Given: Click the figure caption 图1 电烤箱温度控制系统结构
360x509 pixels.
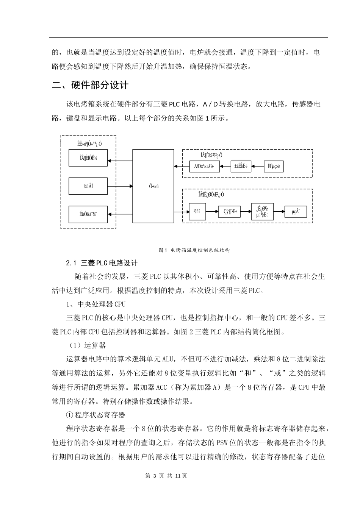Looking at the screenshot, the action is click(194, 250).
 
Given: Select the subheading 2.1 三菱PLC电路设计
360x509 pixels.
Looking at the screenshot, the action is click(102, 263).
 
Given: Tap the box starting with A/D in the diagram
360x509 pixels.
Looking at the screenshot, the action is click(205, 166).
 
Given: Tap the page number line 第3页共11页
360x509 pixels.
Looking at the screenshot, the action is click(166, 476).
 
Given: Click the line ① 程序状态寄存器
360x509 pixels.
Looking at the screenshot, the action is click(95, 415).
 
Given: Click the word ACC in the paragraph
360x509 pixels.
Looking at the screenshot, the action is click(161, 387).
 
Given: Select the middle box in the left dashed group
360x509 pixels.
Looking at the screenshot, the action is click(88, 186).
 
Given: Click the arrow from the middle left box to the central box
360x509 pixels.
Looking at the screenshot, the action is click(120, 186).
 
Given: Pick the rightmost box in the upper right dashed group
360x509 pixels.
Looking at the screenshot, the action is click(274, 166).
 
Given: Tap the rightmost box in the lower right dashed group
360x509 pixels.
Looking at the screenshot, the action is click(296, 212).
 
